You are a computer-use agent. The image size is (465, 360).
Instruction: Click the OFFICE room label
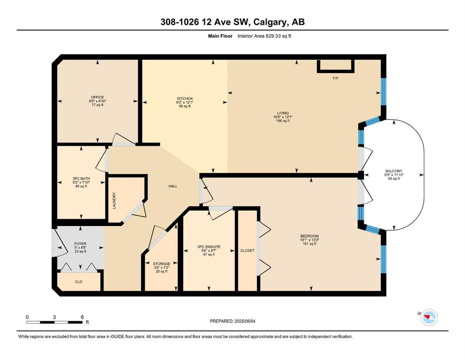[97, 97]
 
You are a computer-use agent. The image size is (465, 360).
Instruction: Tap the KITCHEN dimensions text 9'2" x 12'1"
[185, 102]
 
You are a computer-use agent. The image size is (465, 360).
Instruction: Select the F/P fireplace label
[335, 78]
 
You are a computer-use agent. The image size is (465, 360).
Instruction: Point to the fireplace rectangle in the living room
[336, 66]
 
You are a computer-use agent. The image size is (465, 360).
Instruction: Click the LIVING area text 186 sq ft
[283, 121]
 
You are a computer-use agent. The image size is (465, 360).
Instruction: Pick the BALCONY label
[393, 171]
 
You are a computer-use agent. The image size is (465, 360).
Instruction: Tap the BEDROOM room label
[310, 236]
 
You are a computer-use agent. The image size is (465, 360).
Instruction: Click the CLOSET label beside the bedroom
[247, 250]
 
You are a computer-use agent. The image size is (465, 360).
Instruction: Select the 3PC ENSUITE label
[209, 247]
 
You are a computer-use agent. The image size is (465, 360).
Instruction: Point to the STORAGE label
[162, 263]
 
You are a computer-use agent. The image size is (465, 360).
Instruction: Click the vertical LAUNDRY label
[114, 200]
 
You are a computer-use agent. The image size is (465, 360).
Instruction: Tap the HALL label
[173, 186]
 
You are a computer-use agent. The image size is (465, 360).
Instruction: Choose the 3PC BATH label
[81, 179]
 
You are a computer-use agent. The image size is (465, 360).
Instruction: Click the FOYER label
[80, 244]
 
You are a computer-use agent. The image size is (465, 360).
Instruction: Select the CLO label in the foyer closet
[79, 282]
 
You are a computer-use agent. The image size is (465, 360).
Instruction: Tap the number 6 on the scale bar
[82, 317]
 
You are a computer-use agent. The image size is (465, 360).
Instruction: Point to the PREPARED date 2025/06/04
[244, 321]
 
